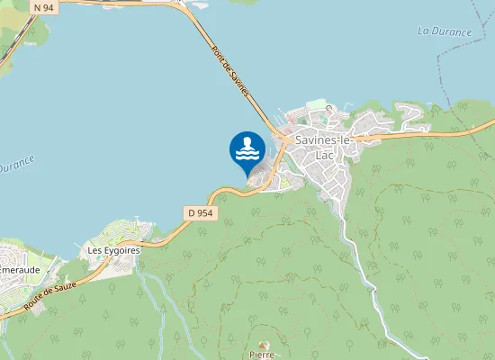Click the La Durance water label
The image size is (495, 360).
point(445,32)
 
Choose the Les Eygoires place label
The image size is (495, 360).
point(113,249)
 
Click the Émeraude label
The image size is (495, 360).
point(18,269)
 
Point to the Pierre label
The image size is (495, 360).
point(262,355)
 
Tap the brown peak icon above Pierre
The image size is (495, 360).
point(263,346)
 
